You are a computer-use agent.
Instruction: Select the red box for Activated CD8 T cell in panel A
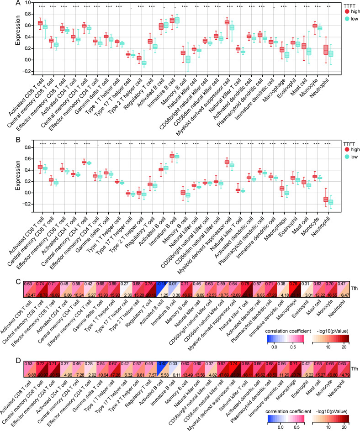(40, 23)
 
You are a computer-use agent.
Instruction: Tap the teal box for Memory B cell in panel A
(187, 59)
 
